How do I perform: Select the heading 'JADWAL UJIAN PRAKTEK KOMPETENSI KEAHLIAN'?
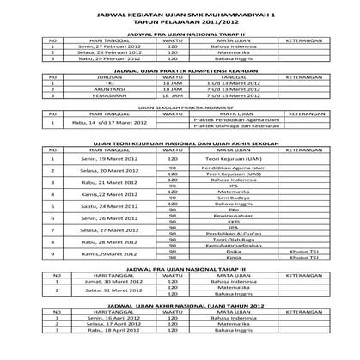pos(180,72)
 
